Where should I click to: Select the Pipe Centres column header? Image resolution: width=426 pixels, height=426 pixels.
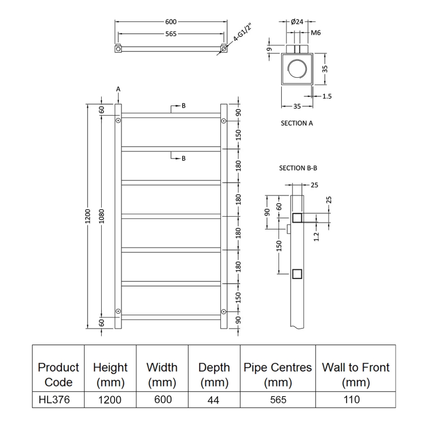click(277, 374)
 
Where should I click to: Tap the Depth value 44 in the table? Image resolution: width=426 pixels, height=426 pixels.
click(214, 399)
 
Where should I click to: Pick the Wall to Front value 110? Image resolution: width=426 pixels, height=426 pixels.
click(356, 399)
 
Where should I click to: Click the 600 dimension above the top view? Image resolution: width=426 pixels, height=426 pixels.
click(170, 22)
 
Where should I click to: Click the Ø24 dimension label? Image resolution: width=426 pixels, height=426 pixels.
click(298, 22)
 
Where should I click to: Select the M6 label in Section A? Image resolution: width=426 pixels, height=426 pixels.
click(315, 33)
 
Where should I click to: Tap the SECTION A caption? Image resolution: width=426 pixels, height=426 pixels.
click(297, 123)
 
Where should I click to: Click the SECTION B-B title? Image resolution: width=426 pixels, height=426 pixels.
click(298, 168)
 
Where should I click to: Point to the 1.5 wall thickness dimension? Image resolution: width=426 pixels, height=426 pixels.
click(327, 96)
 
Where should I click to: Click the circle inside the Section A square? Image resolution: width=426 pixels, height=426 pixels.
click(297, 69)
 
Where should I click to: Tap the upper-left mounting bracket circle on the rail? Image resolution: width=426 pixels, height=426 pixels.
click(118, 121)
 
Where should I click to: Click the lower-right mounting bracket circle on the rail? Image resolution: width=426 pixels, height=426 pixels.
click(224, 311)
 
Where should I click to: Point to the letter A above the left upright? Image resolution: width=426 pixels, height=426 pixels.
click(118, 89)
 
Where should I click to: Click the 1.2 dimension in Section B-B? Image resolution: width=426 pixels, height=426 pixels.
click(316, 235)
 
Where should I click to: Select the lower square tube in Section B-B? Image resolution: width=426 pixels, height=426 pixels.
click(297, 274)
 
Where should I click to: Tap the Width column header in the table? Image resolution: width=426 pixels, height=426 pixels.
click(162, 374)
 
